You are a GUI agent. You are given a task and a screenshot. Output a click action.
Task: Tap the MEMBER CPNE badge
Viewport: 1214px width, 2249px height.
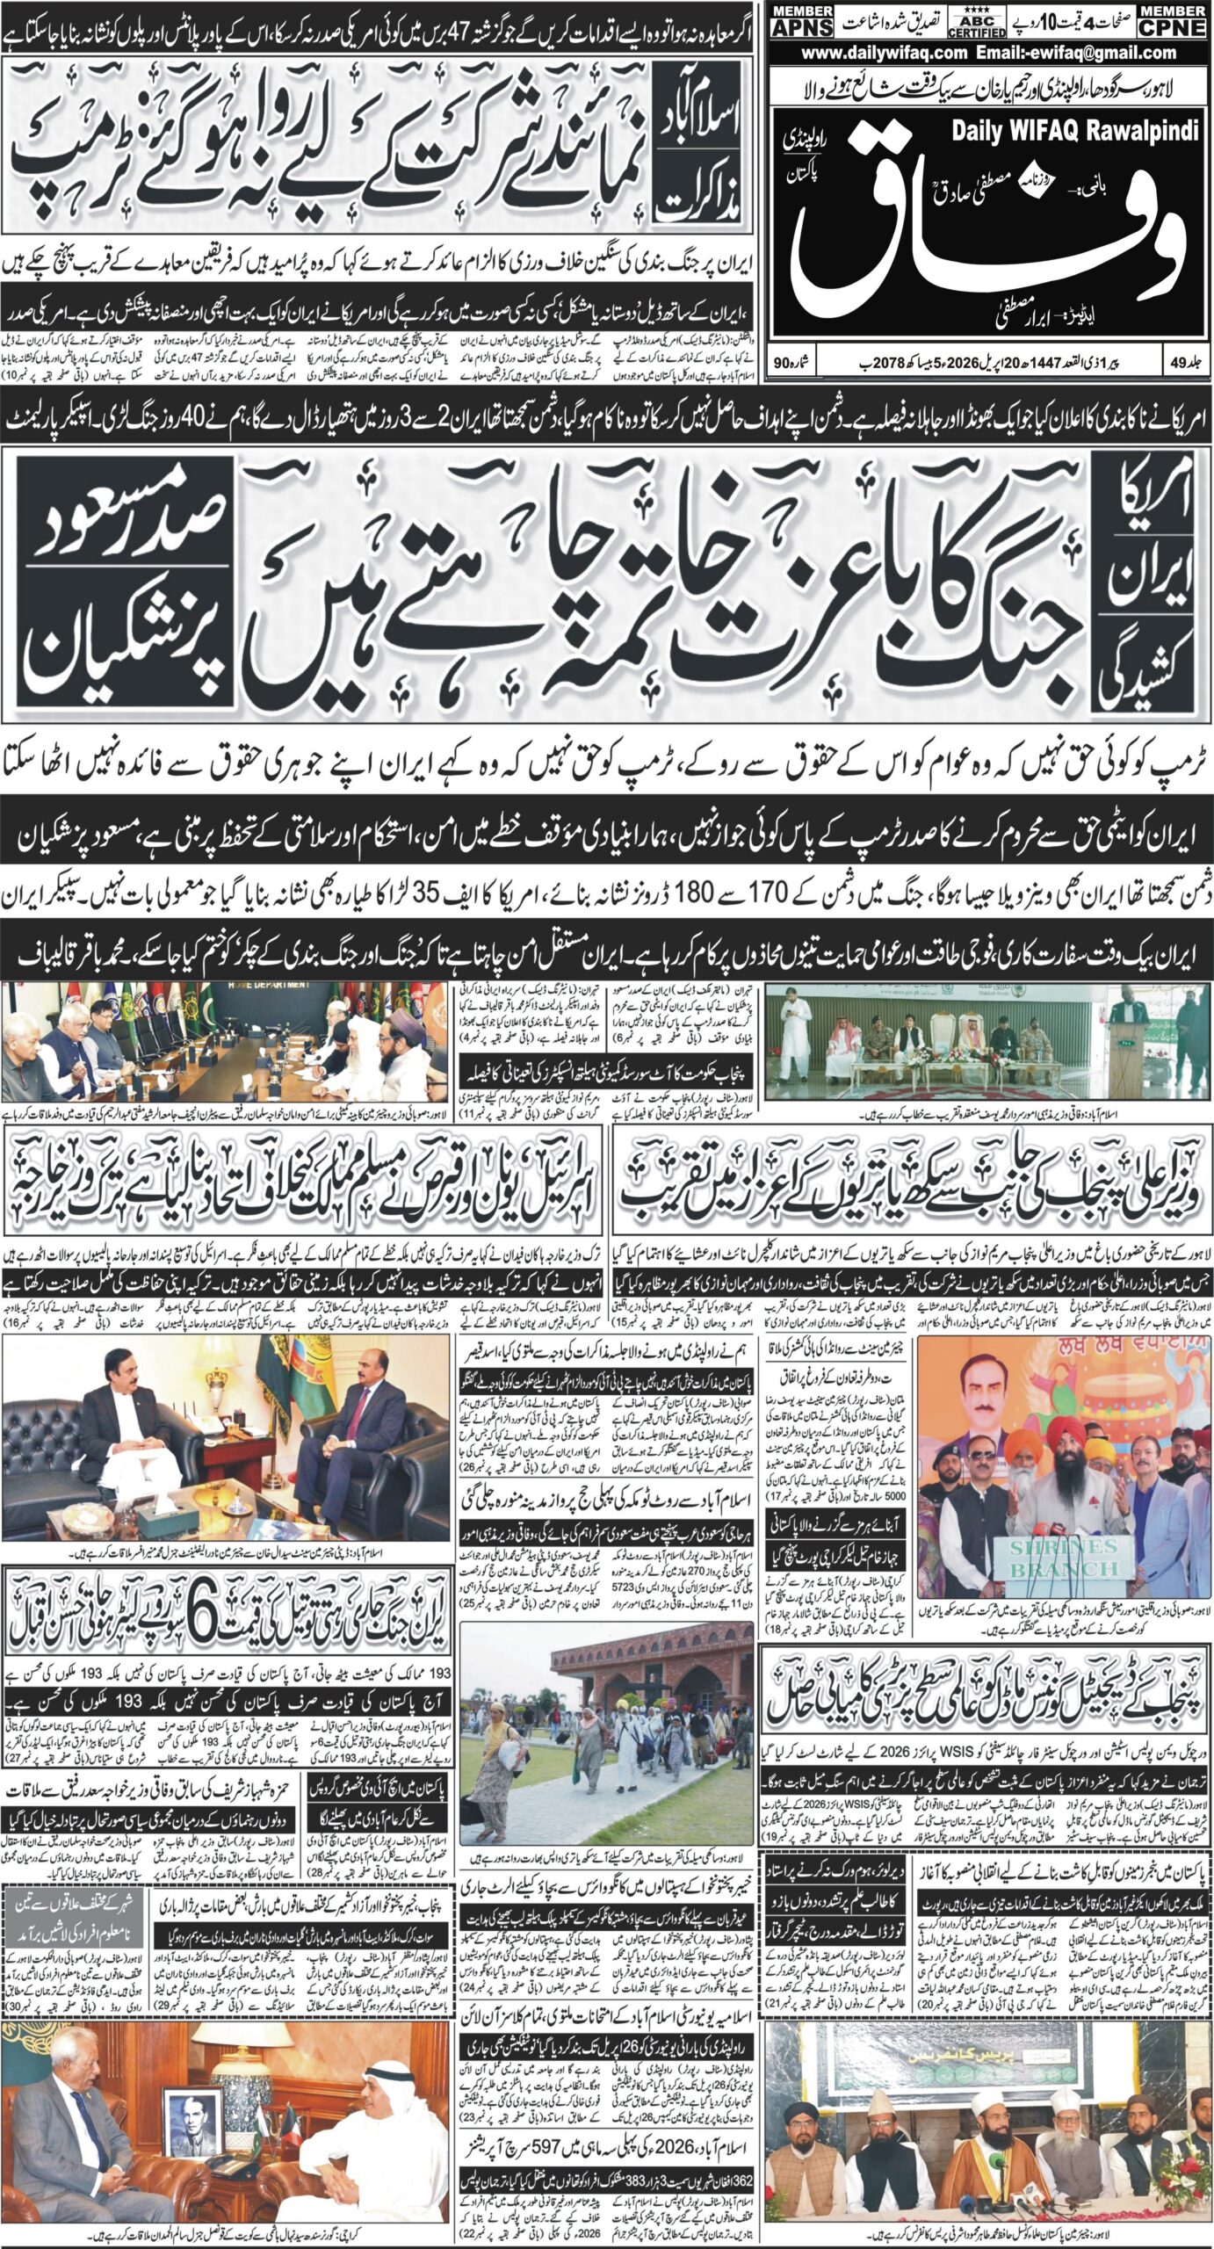1171,20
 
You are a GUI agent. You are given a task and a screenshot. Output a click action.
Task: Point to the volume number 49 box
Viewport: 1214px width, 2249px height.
1185,361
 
